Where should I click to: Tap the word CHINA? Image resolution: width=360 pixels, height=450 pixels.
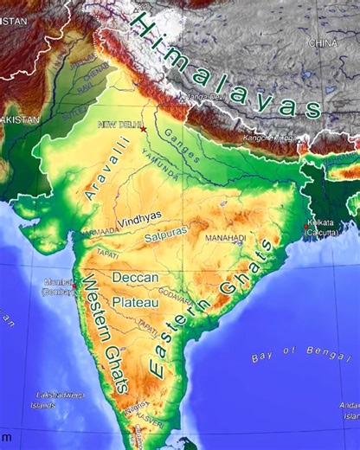tap(324, 42)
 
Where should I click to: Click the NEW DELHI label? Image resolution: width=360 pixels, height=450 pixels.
tap(119, 125)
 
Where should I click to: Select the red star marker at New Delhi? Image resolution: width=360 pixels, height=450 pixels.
tap(144, 130)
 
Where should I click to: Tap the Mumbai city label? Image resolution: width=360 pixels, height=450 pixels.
tap(59, 287)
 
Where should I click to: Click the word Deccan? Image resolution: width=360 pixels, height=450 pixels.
tap(136, 278)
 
